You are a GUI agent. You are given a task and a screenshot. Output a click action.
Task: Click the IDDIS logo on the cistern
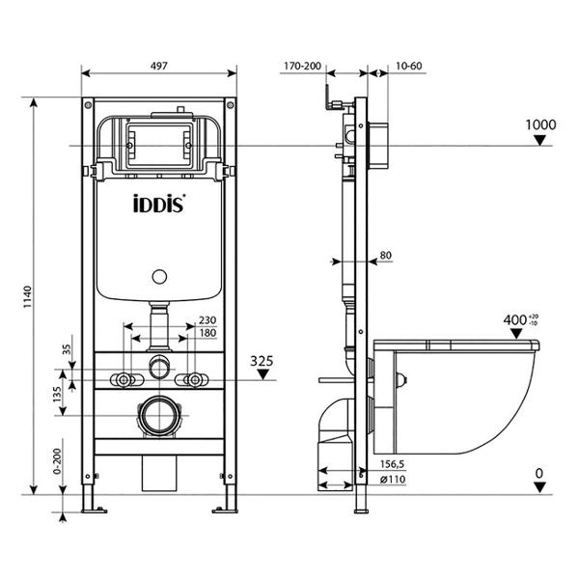pyautogui.click(x=159, y=205)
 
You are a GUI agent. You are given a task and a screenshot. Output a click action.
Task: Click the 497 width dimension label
pyautogui.click(x=159, y=66)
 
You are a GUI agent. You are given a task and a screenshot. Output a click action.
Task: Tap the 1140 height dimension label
pyautogui.click(x=28, y=297)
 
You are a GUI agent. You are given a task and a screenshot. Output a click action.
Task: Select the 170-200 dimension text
pyautogui.click(x=302, y=66)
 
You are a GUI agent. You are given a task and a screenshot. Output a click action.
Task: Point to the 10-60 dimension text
pyautogui.click(x=409, y=66)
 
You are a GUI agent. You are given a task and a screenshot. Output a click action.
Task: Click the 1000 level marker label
pyautogui.click(x=540, y=124)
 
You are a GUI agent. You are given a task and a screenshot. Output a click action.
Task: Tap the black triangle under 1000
pyautogui.click(x=540, y=140)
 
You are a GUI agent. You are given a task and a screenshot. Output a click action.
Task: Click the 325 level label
pyautogui.click(x=262, y=361)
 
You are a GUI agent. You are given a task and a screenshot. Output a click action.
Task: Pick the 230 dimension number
pyautogui.click(x=207, y=320)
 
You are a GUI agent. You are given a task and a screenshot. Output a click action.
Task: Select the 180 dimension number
pyautogui.click(x=207, y=333)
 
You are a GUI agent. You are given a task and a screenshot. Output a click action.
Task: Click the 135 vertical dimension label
pyautogui.click(x=57, y=394)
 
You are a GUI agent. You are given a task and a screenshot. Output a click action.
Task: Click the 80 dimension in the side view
pyautogui.click(x=385, y=255)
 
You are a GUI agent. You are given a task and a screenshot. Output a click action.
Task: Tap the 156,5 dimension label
pyautogui.click(x=393, y=464)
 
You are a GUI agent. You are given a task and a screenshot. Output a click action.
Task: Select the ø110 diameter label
pyautogui.click(x=393, y=480)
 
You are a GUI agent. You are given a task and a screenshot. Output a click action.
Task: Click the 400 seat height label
pyautogui.click(x=514, y=319)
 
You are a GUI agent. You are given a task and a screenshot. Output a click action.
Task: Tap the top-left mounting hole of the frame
pyautogui.click(x=88, y=105)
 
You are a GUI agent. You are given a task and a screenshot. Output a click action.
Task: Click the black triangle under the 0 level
pyautogui.click(x=539, y=487)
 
